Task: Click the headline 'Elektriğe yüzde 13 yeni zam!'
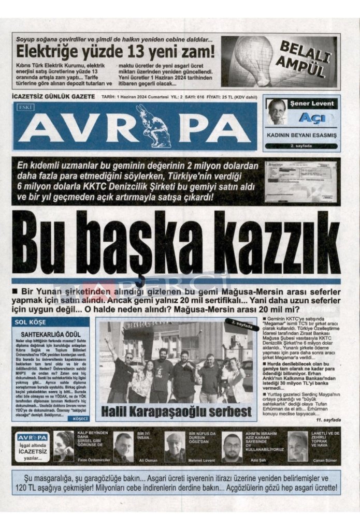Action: pos(115,52)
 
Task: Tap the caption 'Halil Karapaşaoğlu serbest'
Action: pos(177,411)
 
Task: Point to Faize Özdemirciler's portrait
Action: pos(64,446)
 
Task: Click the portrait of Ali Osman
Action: pos(123,446)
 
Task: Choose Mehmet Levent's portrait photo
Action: pos(175,446)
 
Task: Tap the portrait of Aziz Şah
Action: pos(232,447)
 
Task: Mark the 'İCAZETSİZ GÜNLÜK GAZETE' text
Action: pos(53,97)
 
